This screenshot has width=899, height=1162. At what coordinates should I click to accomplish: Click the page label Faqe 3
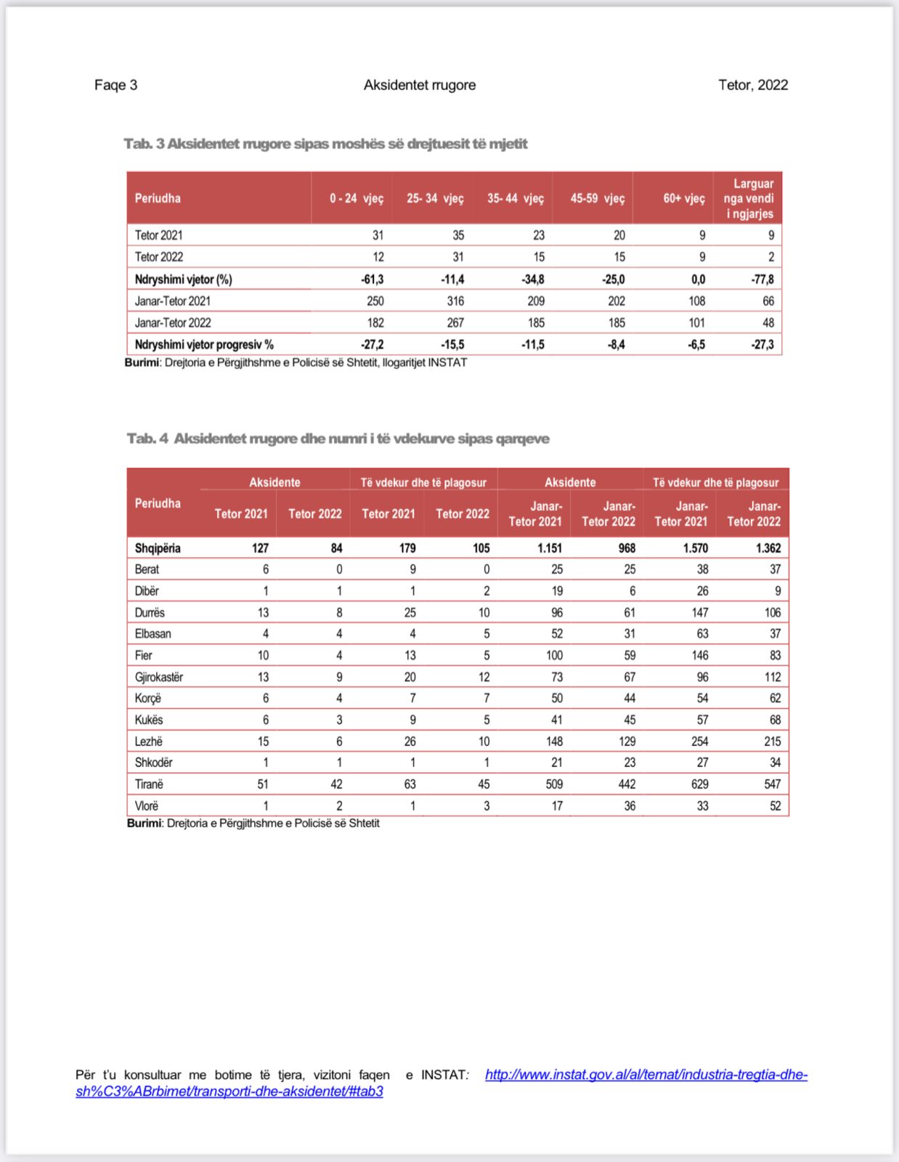[115, 85]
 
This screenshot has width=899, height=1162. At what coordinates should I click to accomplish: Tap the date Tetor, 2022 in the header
[752, 85]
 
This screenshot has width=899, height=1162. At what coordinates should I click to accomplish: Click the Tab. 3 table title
[325, 144]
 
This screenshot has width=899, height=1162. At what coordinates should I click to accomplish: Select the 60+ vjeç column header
[683, 198]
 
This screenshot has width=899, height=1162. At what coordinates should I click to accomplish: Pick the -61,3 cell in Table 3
[372, 280]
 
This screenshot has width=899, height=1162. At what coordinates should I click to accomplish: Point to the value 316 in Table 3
[455, 301]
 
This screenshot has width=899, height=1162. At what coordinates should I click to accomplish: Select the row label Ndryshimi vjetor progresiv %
[204, 344]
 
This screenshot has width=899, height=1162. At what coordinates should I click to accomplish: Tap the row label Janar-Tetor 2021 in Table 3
[173, 301]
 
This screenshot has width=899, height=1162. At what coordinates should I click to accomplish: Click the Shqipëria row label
[158, 548]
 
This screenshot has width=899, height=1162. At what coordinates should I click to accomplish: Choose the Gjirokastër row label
[159, 677]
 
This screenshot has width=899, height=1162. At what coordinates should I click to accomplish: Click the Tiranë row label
[149, 784]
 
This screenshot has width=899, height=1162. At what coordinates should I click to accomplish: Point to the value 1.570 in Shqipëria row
[695, 548]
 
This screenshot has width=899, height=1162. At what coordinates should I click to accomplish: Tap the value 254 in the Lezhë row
[699, 742]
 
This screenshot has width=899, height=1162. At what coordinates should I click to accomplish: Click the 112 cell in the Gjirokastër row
[772, 677]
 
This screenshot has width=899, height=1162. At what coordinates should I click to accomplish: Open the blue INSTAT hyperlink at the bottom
[646, 1075]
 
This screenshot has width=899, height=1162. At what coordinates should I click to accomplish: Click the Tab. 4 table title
[338, 439]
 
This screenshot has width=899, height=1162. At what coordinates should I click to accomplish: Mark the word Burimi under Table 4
[144, 824]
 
